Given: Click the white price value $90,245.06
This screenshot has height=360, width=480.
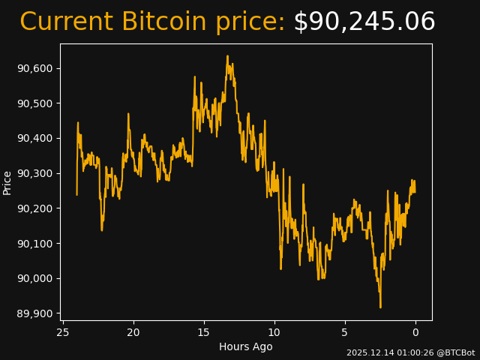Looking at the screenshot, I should (364, 22).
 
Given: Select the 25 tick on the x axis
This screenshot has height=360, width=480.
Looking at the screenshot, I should (63, 332).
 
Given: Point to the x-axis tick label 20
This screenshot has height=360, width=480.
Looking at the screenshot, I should (133, 332).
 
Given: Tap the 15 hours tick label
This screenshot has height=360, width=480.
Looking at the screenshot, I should (204, 332).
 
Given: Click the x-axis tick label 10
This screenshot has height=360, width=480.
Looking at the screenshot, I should (274, 332).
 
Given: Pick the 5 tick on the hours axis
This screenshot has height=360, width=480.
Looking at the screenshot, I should (345, 332).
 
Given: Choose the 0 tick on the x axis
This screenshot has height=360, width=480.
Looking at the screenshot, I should (415, 332).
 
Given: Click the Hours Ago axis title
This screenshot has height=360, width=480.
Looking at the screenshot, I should (246, 346).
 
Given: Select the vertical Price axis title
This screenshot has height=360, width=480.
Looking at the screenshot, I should (7, 182).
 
